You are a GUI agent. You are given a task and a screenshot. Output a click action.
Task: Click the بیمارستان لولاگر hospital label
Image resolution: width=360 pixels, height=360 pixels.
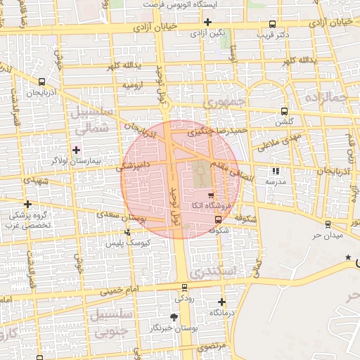click(x=77, y=161)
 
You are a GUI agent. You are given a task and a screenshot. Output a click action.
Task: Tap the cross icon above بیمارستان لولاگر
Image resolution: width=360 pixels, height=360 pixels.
click(x=76, y=150)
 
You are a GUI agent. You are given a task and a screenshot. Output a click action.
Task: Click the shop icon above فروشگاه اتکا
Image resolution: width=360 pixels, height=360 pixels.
click(x=211, y=193)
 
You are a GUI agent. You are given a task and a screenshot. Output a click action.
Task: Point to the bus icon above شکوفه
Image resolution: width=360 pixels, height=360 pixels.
click(x=217, y=220)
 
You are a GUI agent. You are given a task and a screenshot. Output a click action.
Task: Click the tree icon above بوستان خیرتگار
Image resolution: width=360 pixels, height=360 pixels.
click(x=174, y=318)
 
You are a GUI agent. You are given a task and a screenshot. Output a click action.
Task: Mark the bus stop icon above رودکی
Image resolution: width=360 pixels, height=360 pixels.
click(x=184, y=287)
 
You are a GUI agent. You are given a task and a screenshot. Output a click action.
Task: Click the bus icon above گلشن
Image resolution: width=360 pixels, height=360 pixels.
click(x=283, y=110)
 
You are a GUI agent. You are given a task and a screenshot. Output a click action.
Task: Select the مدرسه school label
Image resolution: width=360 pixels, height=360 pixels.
click(x=274, y=181)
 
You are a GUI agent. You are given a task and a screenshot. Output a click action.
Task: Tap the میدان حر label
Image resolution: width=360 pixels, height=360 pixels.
click(x=327, y=235)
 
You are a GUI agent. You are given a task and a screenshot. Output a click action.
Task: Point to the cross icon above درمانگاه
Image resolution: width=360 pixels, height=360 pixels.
click(x=221, y=301)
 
